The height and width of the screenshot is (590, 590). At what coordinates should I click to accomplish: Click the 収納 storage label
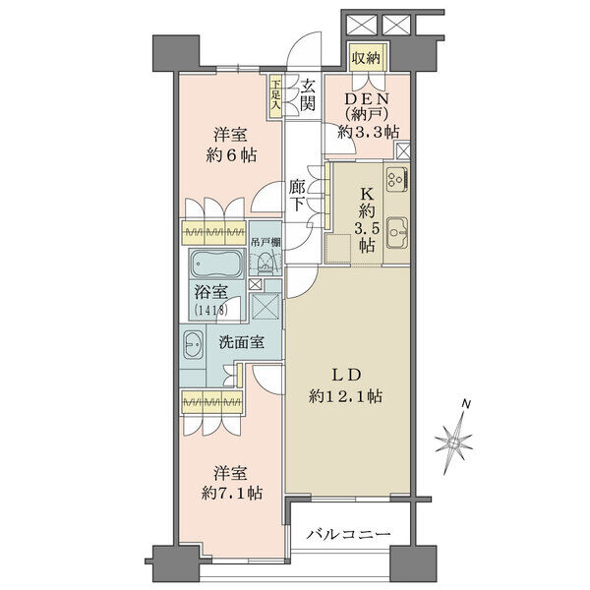(366, 58)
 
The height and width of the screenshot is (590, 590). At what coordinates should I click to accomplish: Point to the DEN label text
(367, 98)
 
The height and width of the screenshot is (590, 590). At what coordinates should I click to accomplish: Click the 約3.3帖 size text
(368, 132)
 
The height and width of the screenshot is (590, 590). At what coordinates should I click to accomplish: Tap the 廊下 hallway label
(298, 196)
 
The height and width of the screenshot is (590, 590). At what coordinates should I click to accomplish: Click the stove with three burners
(397, 178)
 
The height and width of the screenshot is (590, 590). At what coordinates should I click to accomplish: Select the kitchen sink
(397, 233)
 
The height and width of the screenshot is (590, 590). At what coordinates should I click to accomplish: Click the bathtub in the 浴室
(217, 264)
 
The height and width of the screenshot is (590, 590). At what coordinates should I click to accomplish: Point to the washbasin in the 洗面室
(193, 345)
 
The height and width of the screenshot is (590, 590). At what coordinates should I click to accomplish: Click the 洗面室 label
(242, 342)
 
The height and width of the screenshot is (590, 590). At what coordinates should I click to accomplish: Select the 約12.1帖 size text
(345, 396)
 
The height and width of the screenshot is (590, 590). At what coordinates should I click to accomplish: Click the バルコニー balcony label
(348, 534)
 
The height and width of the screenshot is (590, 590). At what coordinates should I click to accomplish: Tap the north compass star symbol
(453, 443)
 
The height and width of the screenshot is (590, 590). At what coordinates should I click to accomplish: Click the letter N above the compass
(466, 404)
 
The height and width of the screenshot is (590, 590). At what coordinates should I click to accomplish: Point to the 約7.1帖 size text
(231, 493)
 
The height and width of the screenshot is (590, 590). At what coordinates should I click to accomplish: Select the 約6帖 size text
(231, 155)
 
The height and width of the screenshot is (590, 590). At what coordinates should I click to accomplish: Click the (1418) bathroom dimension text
(210, 311)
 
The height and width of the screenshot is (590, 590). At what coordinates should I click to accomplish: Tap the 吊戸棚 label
(265, 243)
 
